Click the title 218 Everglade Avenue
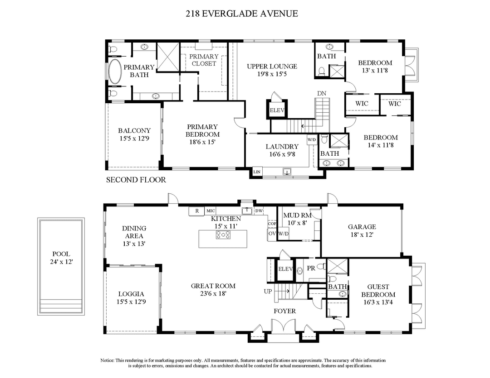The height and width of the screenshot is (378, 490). click(242, 14)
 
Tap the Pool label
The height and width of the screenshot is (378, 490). click(61, 254)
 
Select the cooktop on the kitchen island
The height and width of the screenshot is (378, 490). click(223, 234)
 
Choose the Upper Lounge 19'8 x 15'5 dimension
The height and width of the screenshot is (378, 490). click(272, 73)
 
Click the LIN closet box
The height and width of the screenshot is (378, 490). click(257, 172)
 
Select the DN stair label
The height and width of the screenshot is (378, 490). click(322, 93)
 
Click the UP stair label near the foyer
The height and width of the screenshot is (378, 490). click(268, 291)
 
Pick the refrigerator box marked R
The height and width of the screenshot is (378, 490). click(197, 211)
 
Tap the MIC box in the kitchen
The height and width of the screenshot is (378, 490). click(210, 211)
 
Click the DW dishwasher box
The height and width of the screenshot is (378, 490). click(259, 211)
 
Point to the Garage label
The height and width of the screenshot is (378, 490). click(362, 227)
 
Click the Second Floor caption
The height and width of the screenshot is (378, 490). click(136, 180)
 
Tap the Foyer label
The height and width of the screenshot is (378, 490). click(284, 311)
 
